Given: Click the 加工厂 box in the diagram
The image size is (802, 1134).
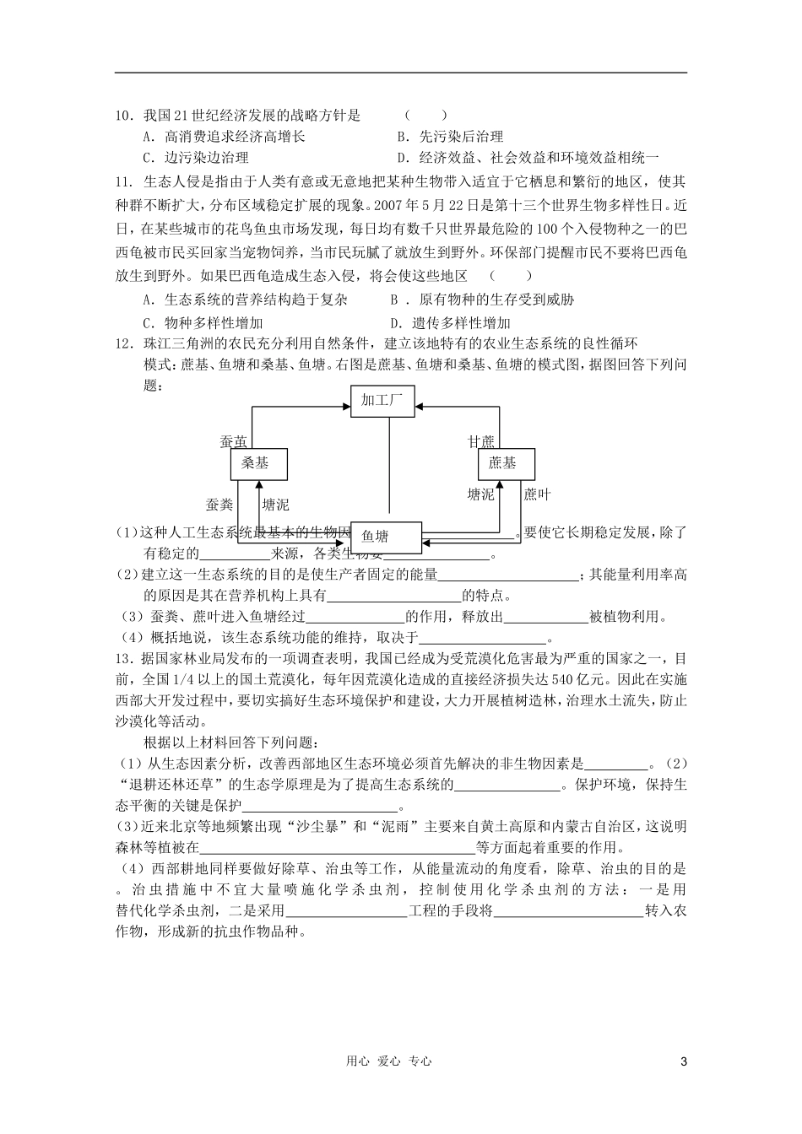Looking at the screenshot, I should pos(382,401).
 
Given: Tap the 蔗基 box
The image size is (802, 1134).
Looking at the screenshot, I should pos(502,463).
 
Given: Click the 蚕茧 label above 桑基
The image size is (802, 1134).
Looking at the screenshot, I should pos(234,441).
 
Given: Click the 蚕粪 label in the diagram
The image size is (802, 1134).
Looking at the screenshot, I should pos(219,505).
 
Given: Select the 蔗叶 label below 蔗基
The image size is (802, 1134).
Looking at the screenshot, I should pos(537,494).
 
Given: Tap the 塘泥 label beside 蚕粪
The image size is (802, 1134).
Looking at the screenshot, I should pos(275,505).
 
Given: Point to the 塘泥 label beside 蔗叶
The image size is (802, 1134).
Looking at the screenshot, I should pos(481,494).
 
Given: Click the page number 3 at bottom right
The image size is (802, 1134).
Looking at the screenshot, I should pos(684,1061).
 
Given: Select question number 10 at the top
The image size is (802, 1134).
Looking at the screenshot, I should pos(126,116).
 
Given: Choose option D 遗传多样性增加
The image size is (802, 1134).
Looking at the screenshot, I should pos(450,323).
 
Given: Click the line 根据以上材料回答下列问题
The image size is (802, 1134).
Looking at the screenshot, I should pos(231,742).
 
